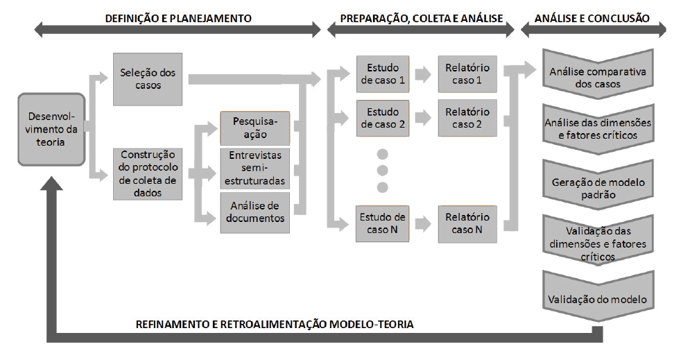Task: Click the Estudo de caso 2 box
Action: (381, 118)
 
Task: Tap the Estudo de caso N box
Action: (381, 223)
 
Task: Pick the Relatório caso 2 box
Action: (467, 118)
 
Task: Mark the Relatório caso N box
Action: (467, 223)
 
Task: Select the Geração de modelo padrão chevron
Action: (598, 189)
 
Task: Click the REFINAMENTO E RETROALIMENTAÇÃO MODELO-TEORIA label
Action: (275, 324)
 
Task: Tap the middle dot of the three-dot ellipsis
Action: (383, 169)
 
